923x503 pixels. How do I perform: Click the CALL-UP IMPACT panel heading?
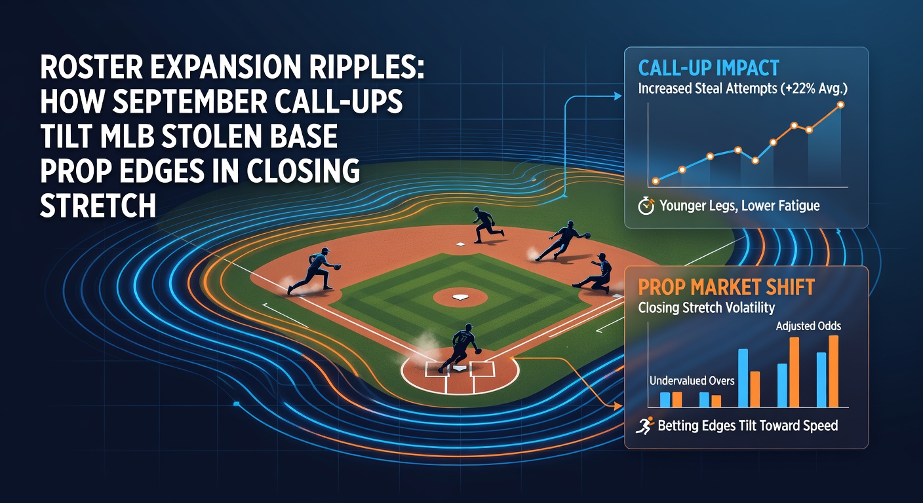click(x=709, y=68)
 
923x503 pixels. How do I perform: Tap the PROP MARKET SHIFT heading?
click(x=726, y=287)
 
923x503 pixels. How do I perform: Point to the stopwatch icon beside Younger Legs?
click(x=646, y=206)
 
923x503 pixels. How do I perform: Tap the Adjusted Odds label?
click(x=808, y=326)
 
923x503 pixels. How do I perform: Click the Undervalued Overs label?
click(x=692, y=381)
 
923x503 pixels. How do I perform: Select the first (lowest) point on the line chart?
click(x=656, y=181)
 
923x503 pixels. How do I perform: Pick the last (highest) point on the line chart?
click(x=841, y=105)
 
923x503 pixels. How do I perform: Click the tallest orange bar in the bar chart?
click(x=833, y=371)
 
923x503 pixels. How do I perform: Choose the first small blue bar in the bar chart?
click(x=665, y=400)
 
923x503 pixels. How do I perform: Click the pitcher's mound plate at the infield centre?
click(x=460, y=297)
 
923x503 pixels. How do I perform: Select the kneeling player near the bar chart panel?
click(x=595, y=273)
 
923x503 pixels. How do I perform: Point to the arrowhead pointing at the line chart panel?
click(x=618, y=96)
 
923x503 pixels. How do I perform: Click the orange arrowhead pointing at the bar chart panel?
click(x=618, y=406)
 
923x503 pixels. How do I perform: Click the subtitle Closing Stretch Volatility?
click(x=706, y=307)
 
